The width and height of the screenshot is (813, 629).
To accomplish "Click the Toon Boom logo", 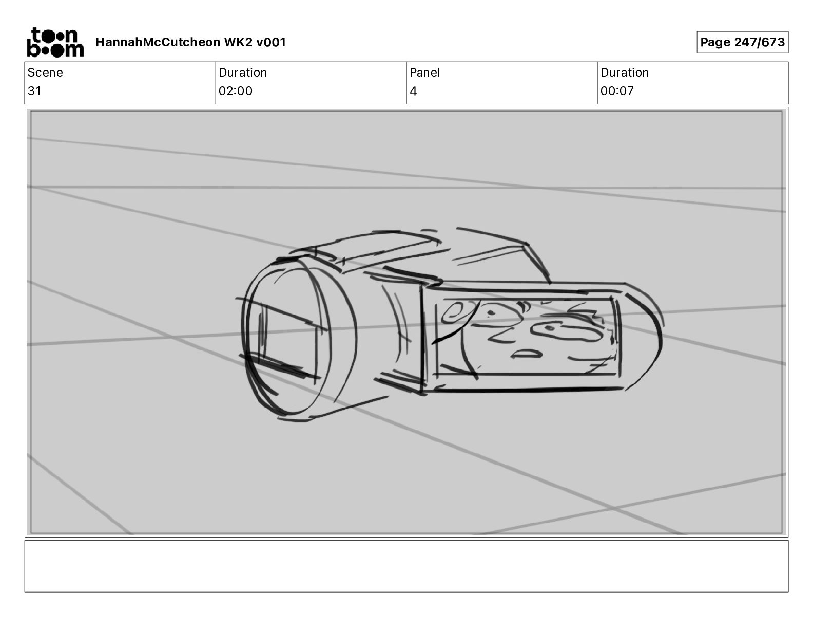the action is [55, 42].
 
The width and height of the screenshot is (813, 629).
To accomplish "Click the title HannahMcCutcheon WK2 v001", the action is [191, 42].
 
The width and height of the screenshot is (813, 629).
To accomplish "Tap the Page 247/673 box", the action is [742, 42].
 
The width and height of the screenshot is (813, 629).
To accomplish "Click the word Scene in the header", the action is [45, 72].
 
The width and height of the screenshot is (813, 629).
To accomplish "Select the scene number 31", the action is [34, 91].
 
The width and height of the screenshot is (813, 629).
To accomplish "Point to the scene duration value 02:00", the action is [236, 91].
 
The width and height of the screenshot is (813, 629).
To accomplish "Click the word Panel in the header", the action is [424, 72].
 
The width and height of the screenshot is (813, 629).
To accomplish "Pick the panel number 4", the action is [413, 91].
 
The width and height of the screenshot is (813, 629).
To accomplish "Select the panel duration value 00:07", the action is [617, 91].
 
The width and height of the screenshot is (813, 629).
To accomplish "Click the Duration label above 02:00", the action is [243, 72].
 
